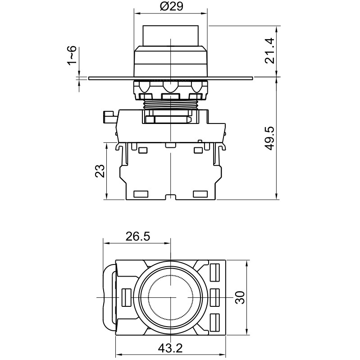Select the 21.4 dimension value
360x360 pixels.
(x=270, y=51)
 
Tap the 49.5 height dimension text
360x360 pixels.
(x=270, y=138)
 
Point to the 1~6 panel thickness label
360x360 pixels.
(x=73, y=55)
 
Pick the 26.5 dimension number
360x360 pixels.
(x=137, y=237)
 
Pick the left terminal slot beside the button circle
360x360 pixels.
(x=126, y=297)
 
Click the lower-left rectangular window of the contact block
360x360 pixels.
(x=141, y=194)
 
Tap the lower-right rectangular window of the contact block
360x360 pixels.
(x=200, y=194)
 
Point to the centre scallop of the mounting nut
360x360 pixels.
(x=170, y=87)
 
